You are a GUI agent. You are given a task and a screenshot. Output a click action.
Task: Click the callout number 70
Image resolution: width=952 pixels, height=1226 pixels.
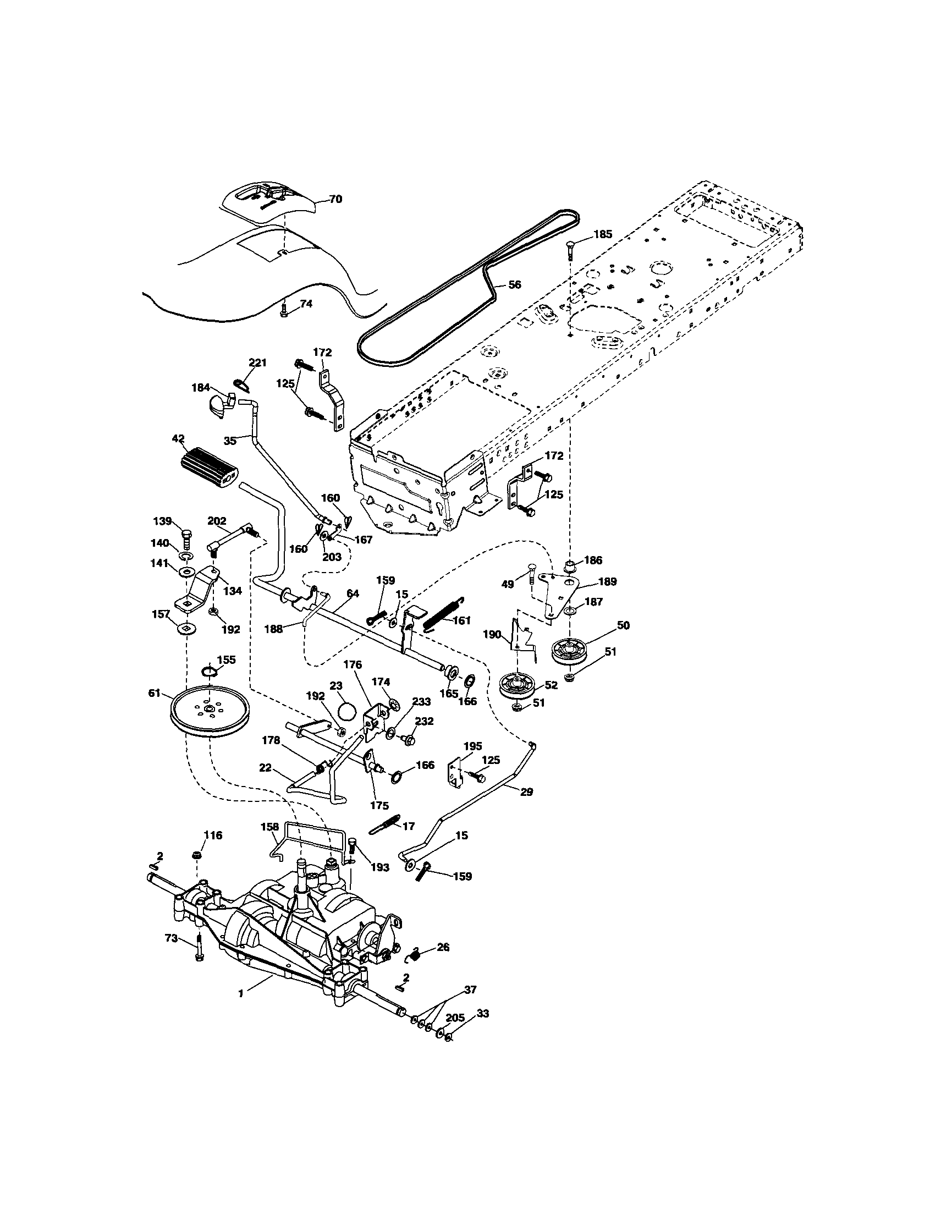(x=335, y=199)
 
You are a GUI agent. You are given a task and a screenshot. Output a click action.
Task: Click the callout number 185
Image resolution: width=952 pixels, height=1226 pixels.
(x=603, y=234)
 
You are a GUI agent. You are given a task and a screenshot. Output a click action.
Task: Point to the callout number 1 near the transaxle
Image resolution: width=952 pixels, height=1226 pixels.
(x=241, y=993)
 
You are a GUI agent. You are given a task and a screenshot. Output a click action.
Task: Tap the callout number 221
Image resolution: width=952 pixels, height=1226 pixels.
(x=257, y=362)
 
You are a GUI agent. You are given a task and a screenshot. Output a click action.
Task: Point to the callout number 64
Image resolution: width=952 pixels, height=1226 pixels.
(x=353, y=593)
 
